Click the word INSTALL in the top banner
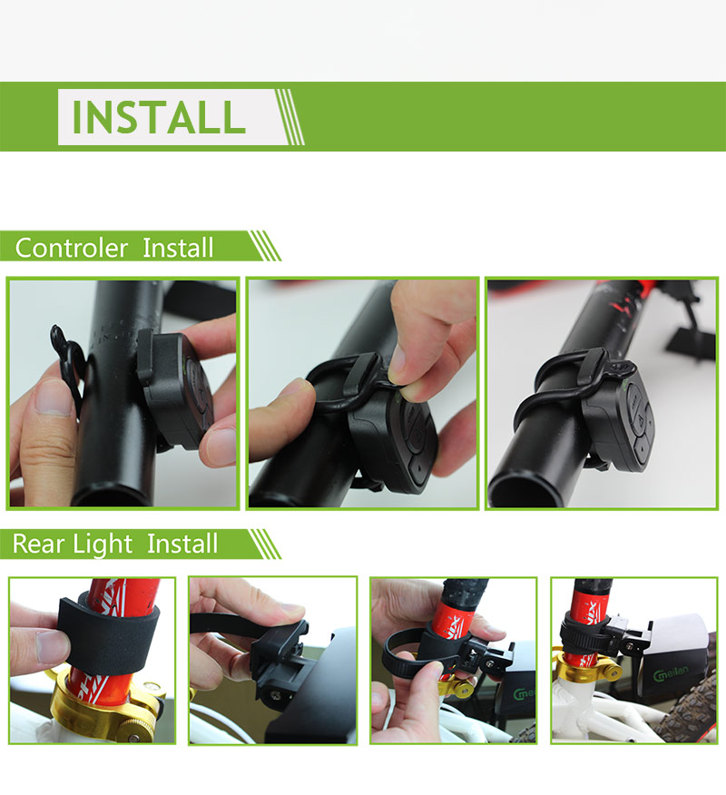[x=159, y=117]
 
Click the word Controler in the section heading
[x=72, y=248]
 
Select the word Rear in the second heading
[x=38, y=544]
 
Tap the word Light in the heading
[x=103, y=545]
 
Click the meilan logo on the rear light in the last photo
[x=671, y=673]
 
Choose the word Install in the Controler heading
[x=178, y=248]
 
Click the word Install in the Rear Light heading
[x=182, y=544]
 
